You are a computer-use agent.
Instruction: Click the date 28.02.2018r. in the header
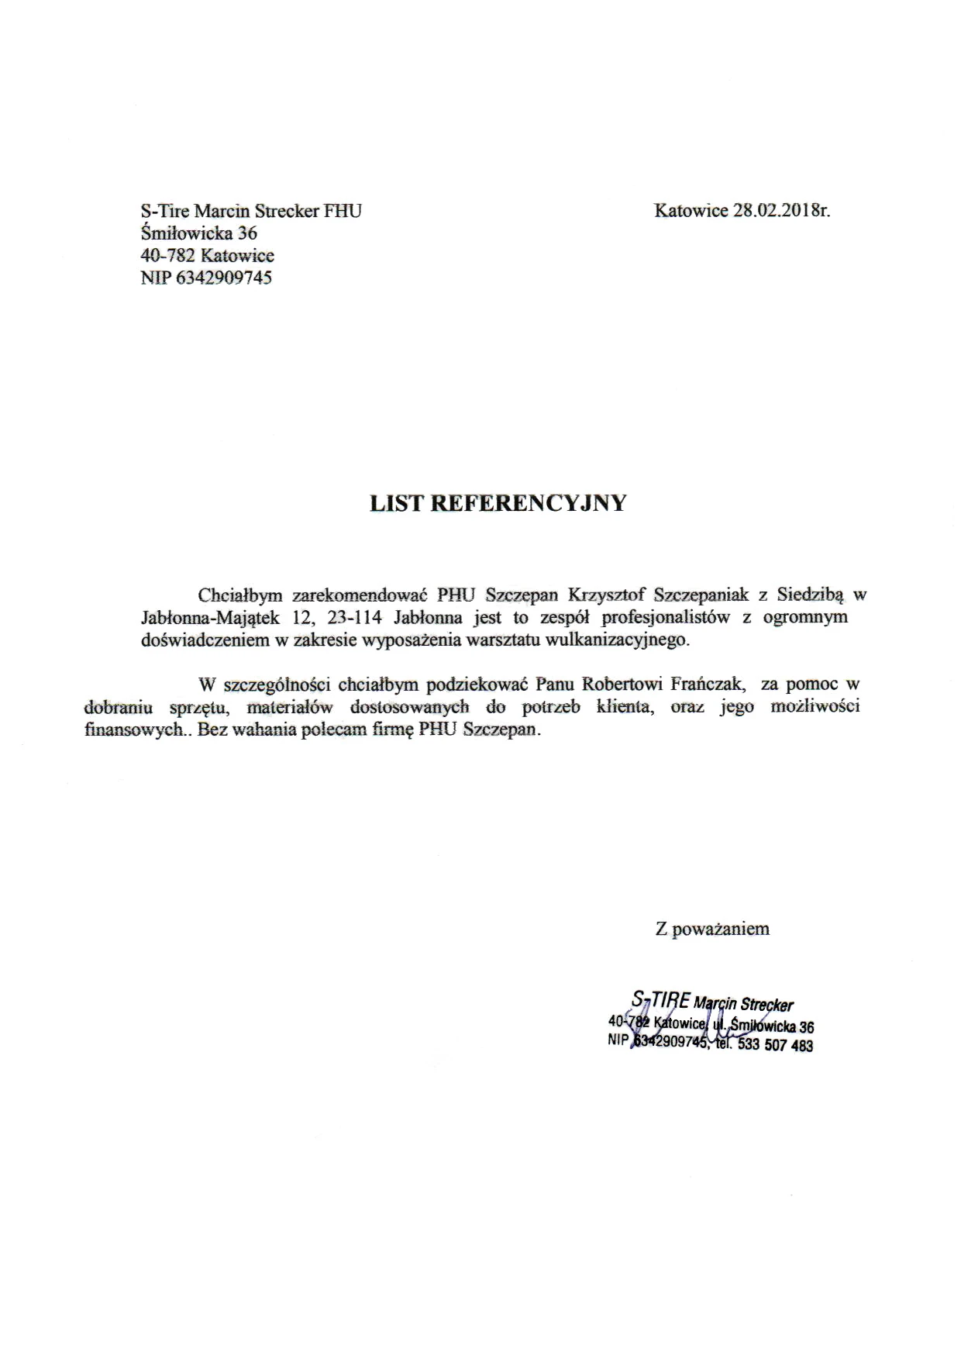coord(781,210)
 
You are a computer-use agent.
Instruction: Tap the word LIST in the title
coord(395,504)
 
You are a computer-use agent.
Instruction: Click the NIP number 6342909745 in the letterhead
coord(225,278)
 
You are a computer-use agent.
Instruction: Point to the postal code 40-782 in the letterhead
coord(167,256)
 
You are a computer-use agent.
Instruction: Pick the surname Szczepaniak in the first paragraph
coord(701,595)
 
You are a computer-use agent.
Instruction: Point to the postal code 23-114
coord(353,618)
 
